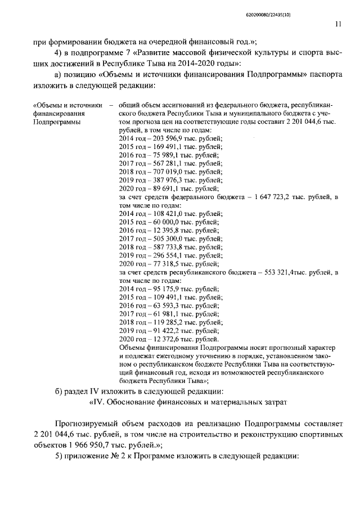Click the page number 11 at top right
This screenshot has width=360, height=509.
(337, 24)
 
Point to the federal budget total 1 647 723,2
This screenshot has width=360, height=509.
(280, 197)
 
